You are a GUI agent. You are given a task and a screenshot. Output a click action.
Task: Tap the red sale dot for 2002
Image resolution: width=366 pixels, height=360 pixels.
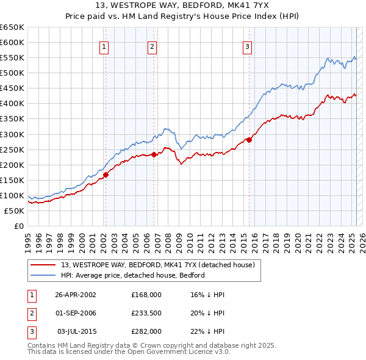coord(106,175)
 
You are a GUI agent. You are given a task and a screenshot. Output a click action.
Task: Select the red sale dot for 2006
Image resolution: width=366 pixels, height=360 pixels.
coord(154,154)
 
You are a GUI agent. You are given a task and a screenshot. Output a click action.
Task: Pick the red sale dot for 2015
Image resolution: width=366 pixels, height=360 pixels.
coord(249,140)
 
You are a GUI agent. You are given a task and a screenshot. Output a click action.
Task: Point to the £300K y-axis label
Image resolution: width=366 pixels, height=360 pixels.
coord(12,134)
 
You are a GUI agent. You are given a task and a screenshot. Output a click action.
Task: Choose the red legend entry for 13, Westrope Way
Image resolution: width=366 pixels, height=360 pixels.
coord(162,265)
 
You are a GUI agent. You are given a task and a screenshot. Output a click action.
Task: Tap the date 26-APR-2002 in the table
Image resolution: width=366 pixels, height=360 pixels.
coord(76,295)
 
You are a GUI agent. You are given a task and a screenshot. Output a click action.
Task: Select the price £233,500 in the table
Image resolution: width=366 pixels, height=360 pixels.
coord(146,313)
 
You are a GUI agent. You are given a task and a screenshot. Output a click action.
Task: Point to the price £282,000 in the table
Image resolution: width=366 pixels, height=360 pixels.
coord(146,331)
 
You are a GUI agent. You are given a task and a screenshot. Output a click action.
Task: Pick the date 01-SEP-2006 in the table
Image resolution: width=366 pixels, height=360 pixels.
coord(76,313)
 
